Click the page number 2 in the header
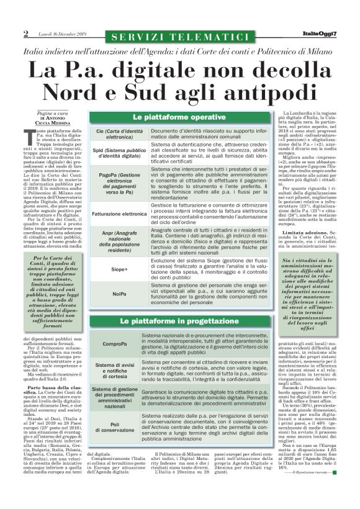pyautogui.click(x=26, y=34)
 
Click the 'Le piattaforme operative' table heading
pyautogui.click(x=169, y=117)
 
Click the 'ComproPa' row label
pyautogui.click(x=117, y=343)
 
